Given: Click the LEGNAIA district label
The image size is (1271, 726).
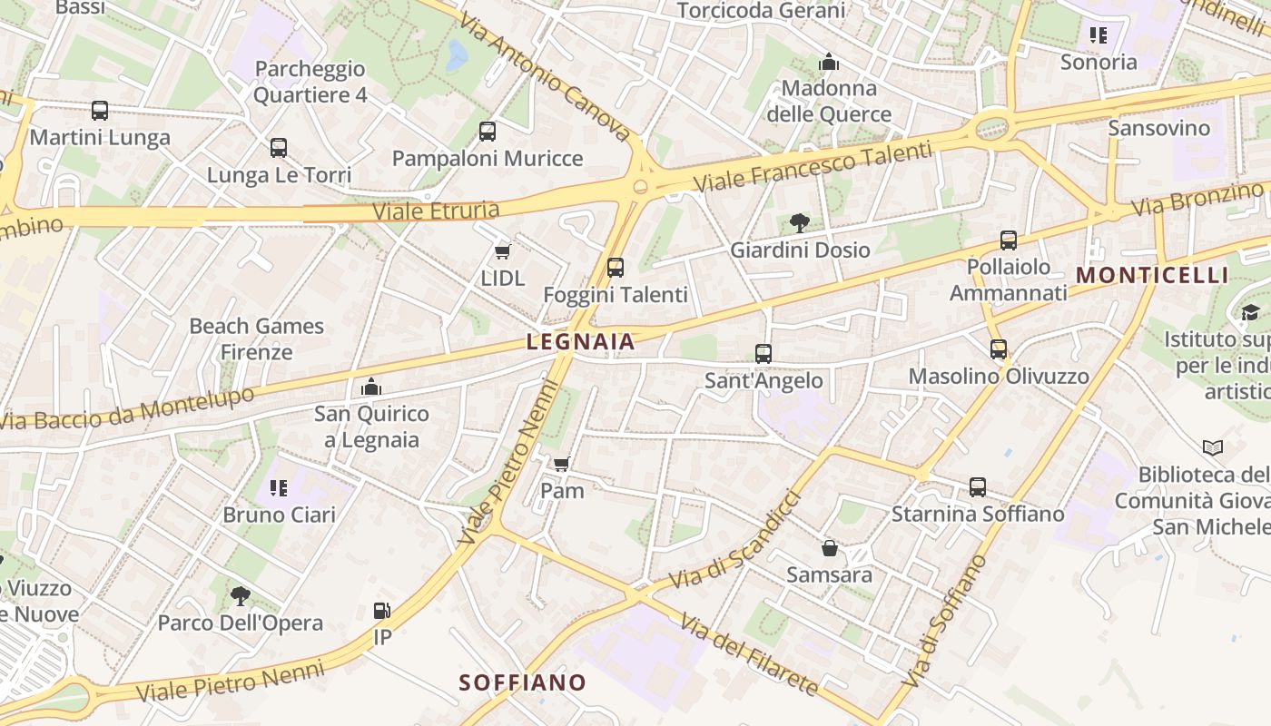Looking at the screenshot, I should point(580,342).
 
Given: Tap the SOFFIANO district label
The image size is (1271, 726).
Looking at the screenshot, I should point(522,682).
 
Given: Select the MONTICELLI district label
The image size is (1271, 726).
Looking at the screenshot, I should point(1151,275).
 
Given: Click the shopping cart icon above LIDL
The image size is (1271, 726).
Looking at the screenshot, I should point(502,251).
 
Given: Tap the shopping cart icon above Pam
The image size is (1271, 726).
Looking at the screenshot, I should point(562,464).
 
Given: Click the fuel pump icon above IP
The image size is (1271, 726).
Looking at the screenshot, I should point(382,611).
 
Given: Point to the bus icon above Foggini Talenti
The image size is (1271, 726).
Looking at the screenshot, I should point(616,267).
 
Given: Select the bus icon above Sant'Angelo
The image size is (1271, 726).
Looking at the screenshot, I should point(764,353).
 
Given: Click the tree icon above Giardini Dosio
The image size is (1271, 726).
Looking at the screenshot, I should point(800,222).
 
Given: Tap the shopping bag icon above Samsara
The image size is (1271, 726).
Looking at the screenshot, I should point(829,548).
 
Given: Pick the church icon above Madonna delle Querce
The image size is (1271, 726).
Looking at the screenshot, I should point(829,62).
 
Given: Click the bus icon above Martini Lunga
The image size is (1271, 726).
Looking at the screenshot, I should point(100,111).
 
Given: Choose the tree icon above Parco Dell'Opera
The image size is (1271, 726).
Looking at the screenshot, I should point(241,596).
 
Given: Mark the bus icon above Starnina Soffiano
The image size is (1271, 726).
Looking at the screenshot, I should point(978,487).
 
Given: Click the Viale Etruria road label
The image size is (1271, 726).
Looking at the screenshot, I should point(436,211).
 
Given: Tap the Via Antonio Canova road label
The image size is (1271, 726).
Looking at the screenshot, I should point(545,76).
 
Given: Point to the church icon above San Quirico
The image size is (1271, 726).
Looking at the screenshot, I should point(370,388).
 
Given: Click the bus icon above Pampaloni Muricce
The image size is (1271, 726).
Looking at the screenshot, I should point(488,132).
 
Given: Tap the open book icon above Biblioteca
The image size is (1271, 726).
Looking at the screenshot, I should point(1212,447).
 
